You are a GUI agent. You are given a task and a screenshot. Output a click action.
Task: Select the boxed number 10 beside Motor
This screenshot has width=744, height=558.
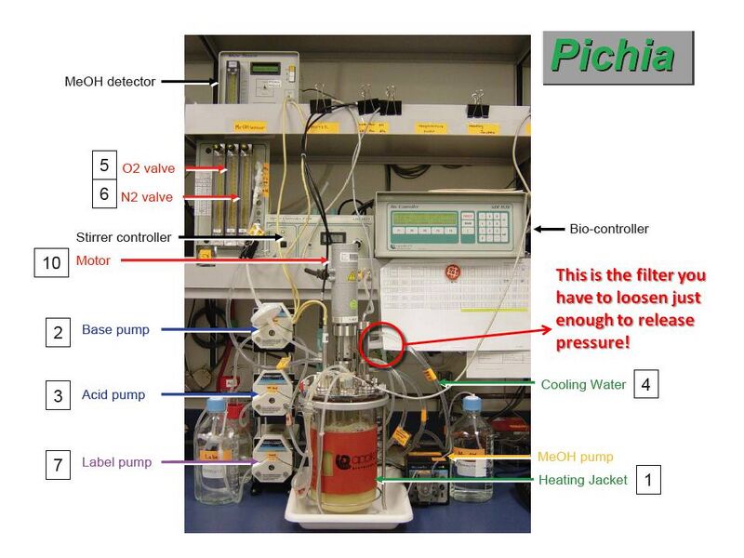pyautogui.click(x=51, y=262)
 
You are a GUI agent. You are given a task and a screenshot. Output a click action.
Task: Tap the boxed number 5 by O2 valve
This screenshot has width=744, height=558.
pyautogui.click(x=105, y=166)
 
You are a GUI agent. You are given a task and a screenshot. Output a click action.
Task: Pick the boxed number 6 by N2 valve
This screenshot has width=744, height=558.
pyautogui.click(x=105, y=194)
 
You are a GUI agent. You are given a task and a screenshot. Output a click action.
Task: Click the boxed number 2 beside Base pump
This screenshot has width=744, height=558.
pyautogui.click(x=59, y=330)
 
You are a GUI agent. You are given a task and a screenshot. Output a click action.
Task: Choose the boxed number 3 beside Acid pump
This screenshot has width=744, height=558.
pyautogui.click(x=59, y=395)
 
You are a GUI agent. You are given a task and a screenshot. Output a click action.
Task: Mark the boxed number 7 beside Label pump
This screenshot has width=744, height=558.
pyautogui.click(x=59, y=463)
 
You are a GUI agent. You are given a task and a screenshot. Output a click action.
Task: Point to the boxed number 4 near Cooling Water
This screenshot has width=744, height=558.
pyautogui.click(x=645, y=383)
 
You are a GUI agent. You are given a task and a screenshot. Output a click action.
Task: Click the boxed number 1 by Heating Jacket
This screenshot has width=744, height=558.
pyautogui.click(x=647, y=480)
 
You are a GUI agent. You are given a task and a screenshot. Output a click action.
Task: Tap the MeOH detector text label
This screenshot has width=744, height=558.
pyautogui.click(x=111, y=82)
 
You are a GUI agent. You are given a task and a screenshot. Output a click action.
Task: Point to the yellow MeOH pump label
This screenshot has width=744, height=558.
pyautogui.click(x=575, y=457)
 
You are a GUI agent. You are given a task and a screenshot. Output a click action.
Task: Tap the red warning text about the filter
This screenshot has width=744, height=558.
pyautogui.click(x=630, y=309)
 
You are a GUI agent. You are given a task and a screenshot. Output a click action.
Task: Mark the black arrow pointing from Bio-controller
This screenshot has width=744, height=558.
pyautogui.click(x=549, y=229)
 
